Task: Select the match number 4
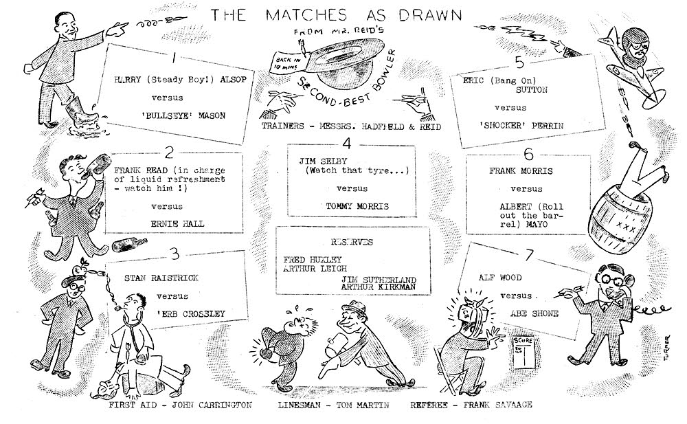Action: (x=348, y=144)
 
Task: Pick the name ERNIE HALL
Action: (x=177, y=223)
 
